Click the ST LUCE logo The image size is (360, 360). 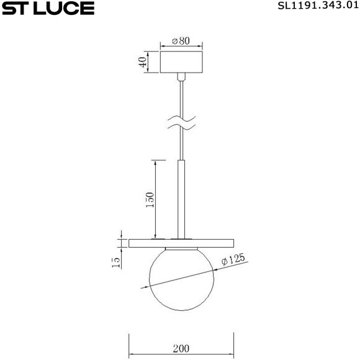pyautogui.click(x=48, y=9)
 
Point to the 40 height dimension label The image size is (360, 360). pyautogui.click(x=143, y=62)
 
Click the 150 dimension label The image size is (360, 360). pyautogui.click(x=150, y=201)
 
